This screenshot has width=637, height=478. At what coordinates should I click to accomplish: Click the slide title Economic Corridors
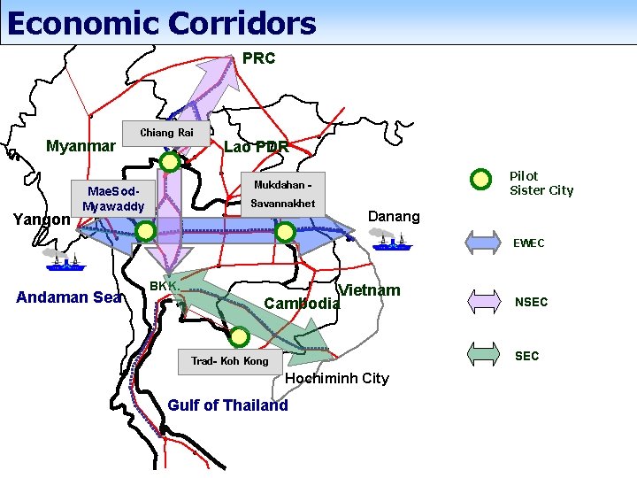coord(161,23)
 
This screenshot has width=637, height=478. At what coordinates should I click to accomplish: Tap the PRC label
coord(259,58)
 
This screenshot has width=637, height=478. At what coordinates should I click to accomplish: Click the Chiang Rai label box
coord(166,133)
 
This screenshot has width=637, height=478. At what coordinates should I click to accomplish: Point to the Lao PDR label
coord(257,147)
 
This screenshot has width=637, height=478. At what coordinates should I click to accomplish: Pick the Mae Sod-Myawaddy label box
coord(113,198)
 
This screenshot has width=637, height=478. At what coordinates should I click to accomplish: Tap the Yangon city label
coord(42,220)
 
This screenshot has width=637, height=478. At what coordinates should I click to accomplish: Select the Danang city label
coord(394,217)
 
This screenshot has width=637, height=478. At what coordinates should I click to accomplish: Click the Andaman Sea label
coord(69,297)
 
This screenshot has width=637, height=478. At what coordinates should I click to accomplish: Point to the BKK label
coord(165,286)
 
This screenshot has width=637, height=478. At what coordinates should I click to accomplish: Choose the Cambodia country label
coord(302,304)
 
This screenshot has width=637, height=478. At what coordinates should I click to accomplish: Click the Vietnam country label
coord(370,290)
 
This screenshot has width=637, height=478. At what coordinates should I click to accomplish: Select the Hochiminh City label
coord(337,378)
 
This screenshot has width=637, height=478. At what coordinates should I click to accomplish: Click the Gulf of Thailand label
coord(227,405)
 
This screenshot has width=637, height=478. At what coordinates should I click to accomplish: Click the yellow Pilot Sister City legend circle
coord(480,180)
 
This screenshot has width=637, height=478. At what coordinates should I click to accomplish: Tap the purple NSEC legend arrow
coord(495,302)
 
